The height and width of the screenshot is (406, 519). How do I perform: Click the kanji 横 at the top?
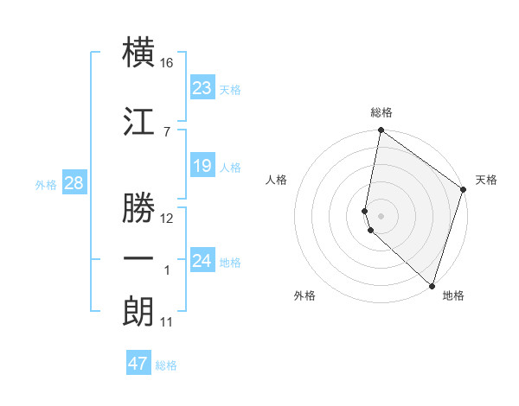coord(139,53)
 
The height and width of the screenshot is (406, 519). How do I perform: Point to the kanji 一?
coord(139,258)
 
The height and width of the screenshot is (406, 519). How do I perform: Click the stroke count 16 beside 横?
coord(167,63)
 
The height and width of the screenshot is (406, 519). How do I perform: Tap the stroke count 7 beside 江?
coord(166,131)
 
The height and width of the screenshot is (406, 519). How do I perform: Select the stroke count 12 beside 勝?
coord(167,218)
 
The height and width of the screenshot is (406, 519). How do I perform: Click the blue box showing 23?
coord(202,87)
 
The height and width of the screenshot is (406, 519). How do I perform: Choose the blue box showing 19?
coord(202,165)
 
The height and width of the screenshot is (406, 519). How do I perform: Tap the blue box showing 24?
coord(202,260)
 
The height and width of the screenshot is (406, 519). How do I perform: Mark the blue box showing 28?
coord(74,182)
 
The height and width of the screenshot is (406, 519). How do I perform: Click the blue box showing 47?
coord(138,364)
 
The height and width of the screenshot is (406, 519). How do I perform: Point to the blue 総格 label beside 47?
coord(166,365)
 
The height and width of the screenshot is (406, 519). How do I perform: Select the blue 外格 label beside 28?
coord(46,184)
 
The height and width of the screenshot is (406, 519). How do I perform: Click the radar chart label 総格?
coord(381,112)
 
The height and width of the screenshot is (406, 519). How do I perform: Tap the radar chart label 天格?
coord(486,180)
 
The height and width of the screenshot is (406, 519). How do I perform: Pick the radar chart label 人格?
coord(277,180)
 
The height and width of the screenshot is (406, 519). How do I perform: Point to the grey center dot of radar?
coord(381,215)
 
